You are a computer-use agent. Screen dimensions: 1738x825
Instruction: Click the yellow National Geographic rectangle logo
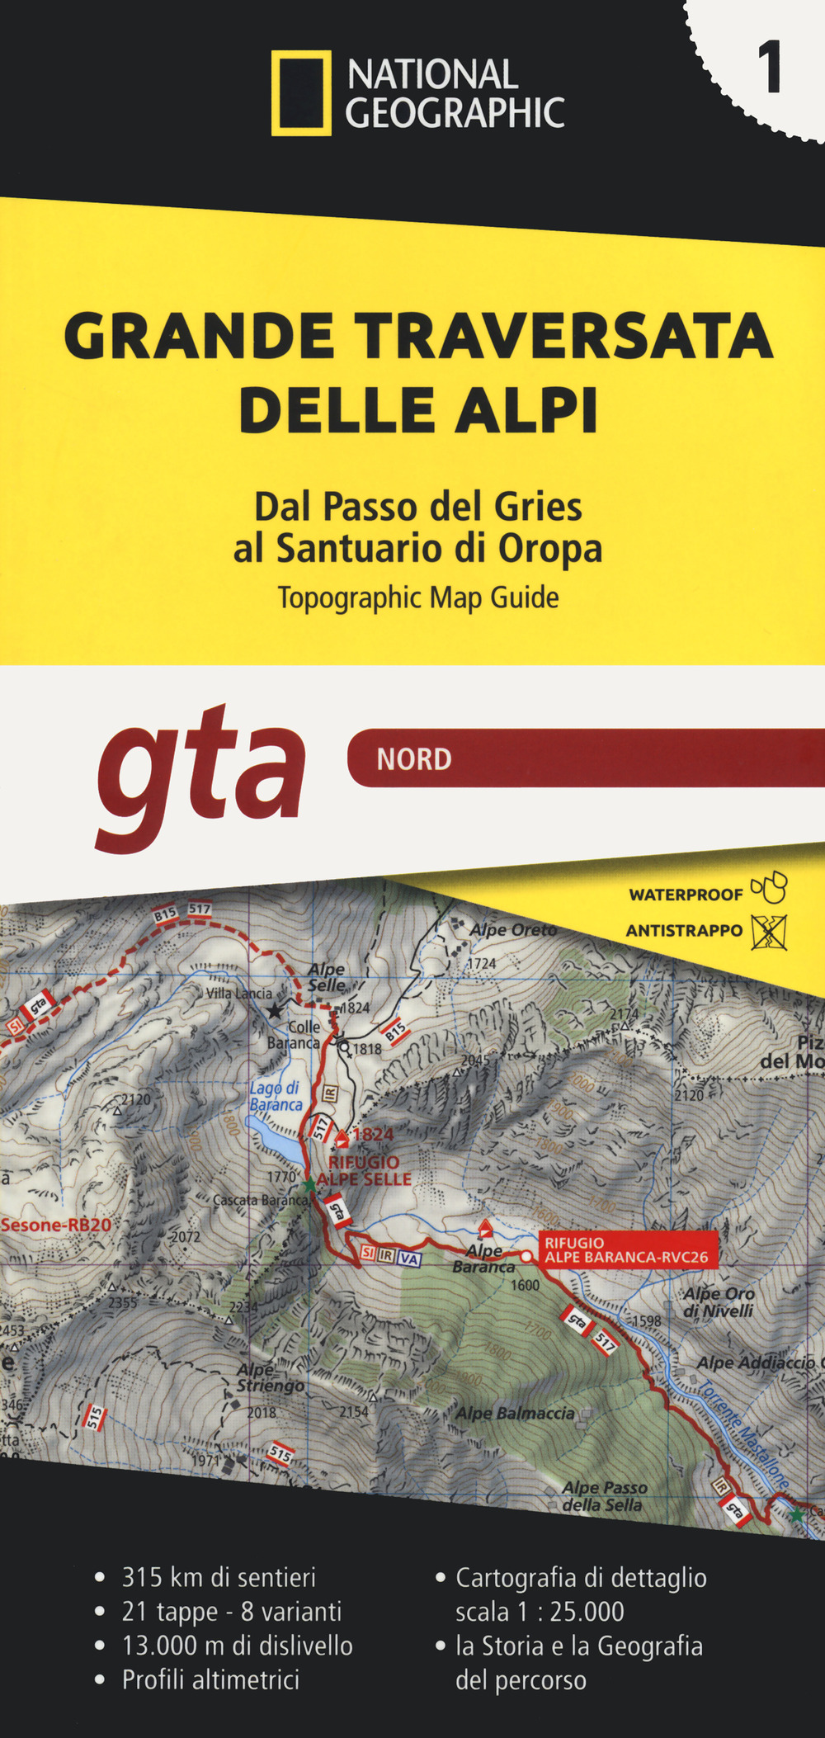tap(301, 92)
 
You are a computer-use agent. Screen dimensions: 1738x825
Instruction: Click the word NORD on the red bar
tap(414, 759)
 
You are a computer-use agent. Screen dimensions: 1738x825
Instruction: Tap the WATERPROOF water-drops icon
tap(769, 889)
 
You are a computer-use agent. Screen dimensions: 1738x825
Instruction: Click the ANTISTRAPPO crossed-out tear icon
tap(769, 932)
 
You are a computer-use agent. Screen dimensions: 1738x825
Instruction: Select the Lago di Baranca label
tap(276, 1097)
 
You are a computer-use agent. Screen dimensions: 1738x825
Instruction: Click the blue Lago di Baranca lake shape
tap(272, 1134)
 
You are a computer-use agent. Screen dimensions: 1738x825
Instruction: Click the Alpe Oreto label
tap(513, 930)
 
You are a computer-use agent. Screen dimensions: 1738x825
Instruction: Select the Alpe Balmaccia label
tap(516, 1414)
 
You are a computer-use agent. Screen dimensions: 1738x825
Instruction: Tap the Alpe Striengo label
tap(270, 1378)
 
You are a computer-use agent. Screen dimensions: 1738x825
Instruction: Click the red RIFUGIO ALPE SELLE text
tap(364, 1171)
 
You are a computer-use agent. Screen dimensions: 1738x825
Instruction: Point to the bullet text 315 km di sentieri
tap(219, 1578)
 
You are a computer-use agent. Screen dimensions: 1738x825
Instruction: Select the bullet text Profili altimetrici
tap(210, 1680)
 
